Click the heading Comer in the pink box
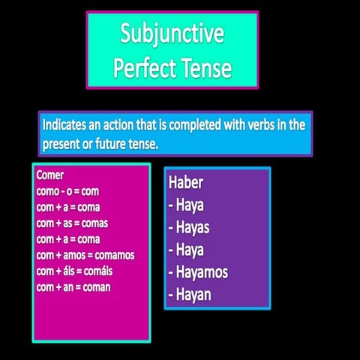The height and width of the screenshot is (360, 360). point(51,175)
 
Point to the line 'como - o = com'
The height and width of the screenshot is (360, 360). point(67,191)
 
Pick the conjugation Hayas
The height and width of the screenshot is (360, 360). point(193,226)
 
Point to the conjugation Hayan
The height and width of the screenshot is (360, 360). point(193,293)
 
